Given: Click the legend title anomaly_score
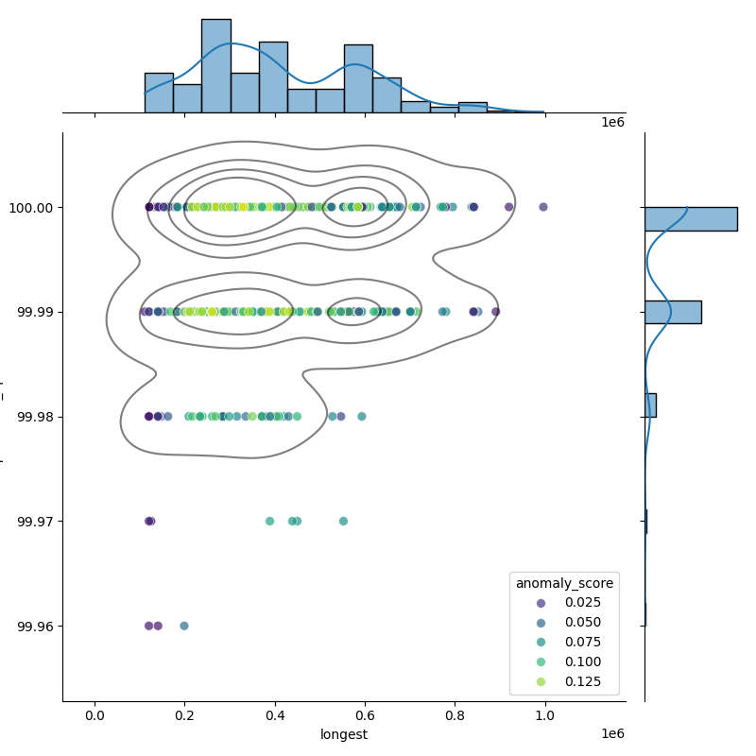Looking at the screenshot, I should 564,583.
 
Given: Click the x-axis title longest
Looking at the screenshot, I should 344,734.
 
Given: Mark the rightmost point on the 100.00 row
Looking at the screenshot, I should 542,207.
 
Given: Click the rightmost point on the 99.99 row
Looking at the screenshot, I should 495,312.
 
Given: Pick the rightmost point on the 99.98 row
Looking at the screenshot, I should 361,416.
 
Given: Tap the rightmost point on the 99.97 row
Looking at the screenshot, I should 343,521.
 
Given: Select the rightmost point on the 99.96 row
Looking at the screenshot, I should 184,626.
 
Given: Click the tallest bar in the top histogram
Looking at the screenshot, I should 215,65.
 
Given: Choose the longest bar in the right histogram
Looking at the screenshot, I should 690,218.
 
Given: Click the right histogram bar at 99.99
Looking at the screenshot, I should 673,312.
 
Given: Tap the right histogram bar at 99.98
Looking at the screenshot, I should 650,405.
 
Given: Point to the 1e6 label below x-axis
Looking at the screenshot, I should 612,734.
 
